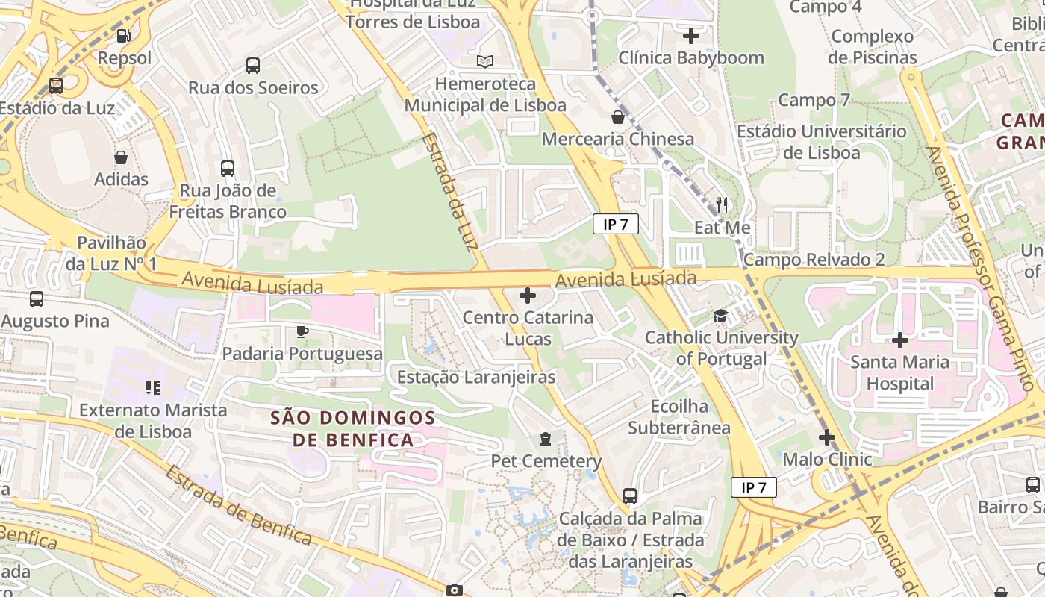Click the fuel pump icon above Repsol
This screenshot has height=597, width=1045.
tap(124, 35)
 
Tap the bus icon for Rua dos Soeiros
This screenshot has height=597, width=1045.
tap(253, 65)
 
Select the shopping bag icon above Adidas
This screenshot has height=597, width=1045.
tap(120, 157)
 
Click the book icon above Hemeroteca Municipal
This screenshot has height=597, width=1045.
tap(485, 61)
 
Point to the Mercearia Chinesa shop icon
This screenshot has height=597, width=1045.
tap(617, 117)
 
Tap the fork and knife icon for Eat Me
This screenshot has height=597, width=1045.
tap(721, 204)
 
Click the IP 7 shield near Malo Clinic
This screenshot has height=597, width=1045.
tap(753, 488)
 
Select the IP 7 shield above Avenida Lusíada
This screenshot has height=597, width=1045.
tap(616, 224)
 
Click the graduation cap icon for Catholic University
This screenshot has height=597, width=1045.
tap(720, 316)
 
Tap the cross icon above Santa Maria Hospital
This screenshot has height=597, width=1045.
tap(900, 340)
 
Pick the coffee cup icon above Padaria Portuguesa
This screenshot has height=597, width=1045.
tap(302, 331)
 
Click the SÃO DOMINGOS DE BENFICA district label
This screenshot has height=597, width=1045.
tap(353, 428)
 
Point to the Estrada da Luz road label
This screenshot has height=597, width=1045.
tap(450, 192)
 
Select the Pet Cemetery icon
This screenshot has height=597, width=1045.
tap(546, 439)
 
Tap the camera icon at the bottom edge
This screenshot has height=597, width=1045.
tap(454, 590)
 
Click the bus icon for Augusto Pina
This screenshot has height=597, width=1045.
tap(36, 299)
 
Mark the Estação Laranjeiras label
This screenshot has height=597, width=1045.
tap(476, 377)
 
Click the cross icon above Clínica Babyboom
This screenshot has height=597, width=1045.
tap(691, 35)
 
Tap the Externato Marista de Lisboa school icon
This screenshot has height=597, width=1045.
tap(152, 388)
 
